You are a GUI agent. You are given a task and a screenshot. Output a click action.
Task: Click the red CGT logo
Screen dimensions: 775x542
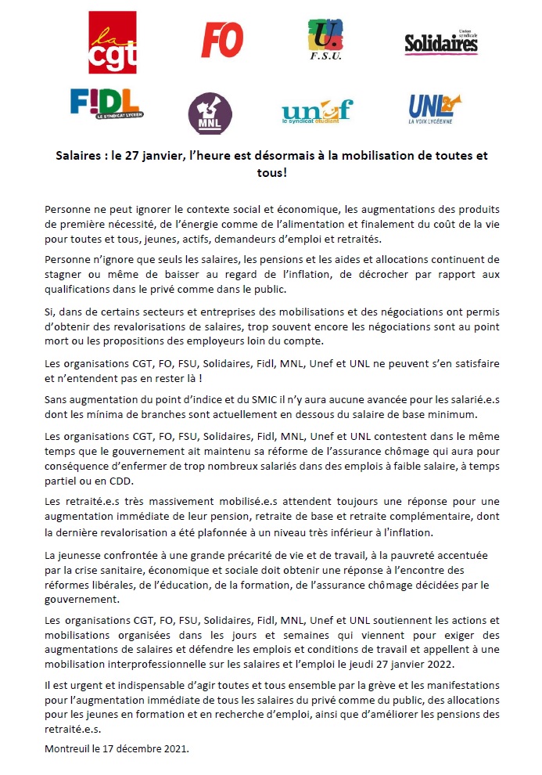tap(113, 42)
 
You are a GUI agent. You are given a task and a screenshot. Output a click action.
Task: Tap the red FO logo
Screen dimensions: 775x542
tap(222, 40)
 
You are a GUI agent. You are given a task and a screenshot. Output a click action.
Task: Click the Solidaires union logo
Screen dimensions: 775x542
tap(440, 43)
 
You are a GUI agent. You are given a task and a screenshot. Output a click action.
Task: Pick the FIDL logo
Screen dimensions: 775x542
tap(105, 103)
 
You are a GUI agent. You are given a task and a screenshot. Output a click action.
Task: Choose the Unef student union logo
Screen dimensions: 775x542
tap(317, 111)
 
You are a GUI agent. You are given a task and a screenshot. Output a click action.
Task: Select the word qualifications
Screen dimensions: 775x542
tap(78, 289)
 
